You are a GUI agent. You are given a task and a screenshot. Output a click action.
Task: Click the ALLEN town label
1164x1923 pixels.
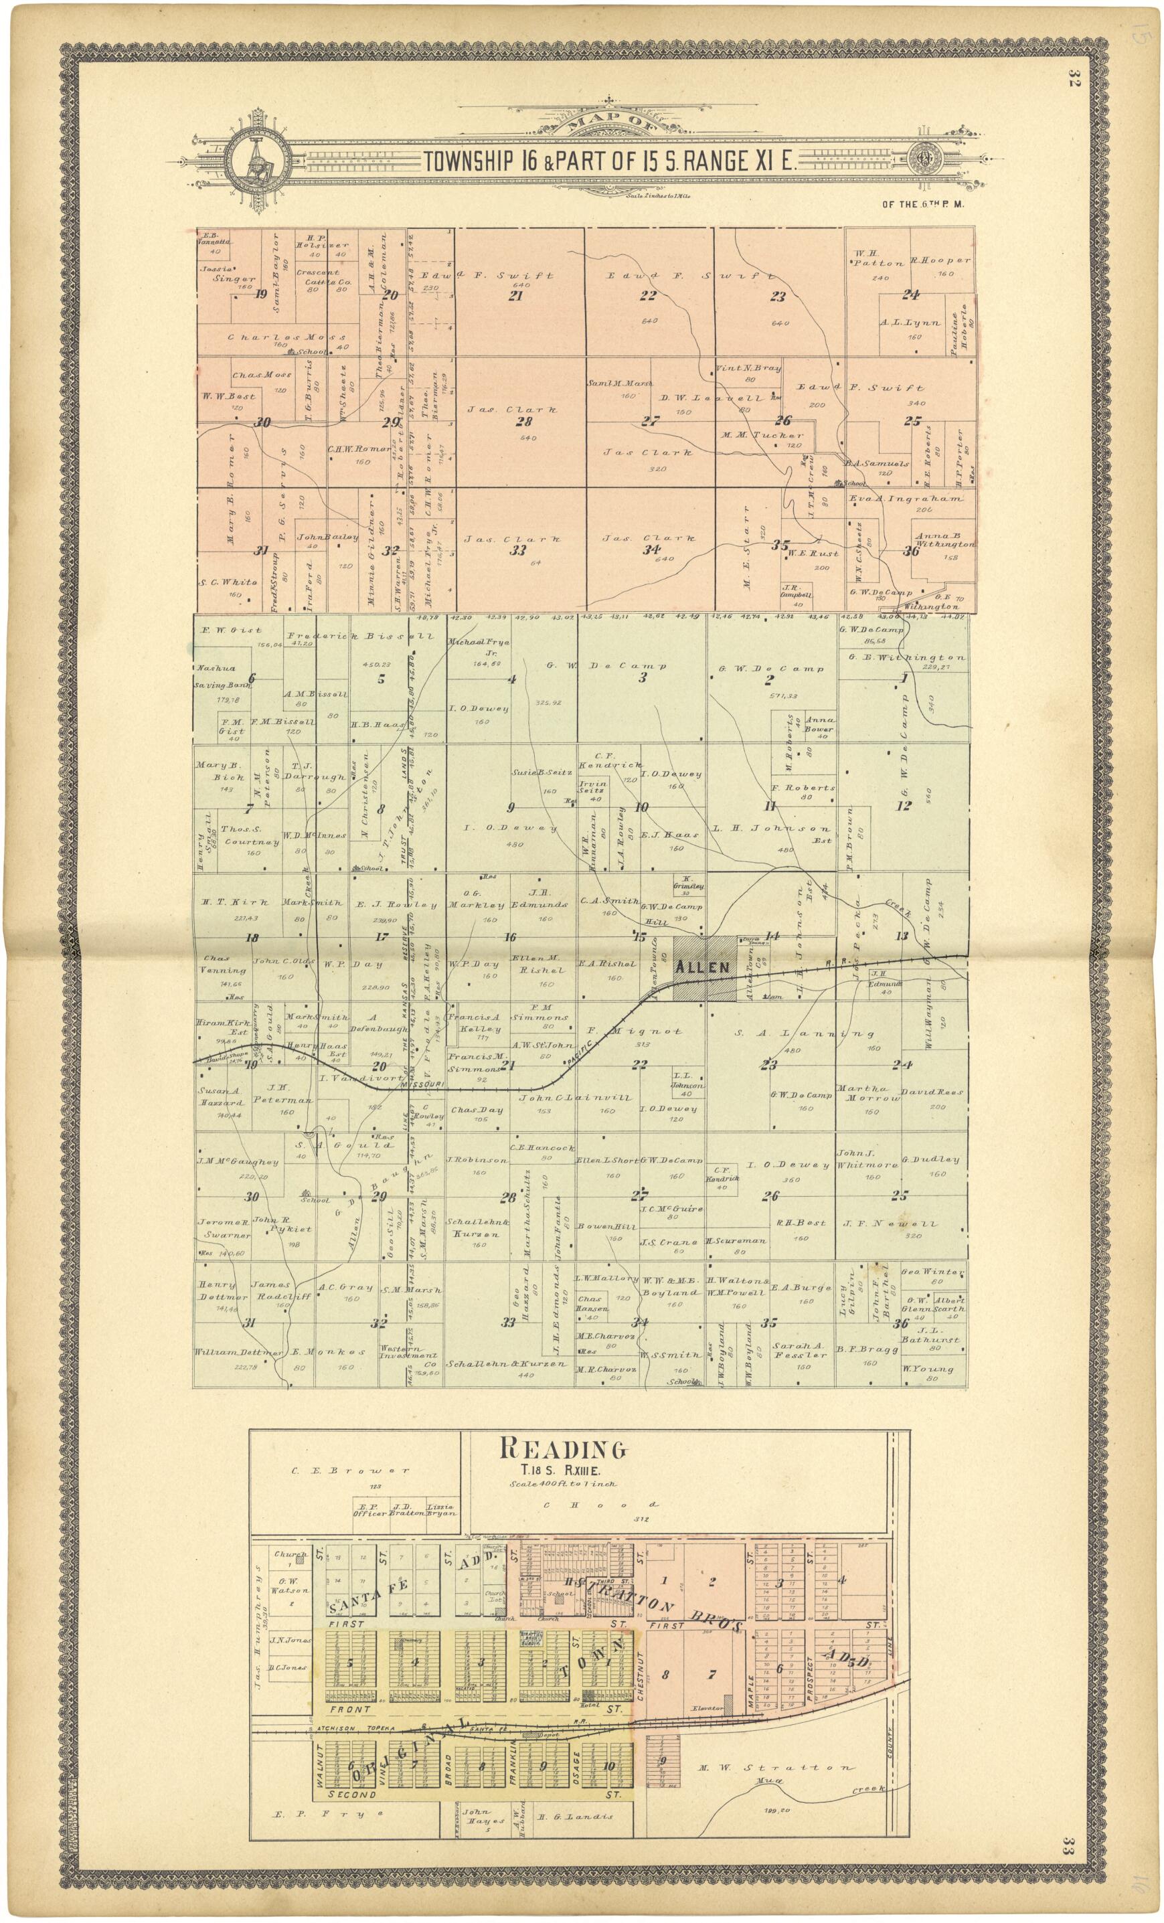tap(702, 967)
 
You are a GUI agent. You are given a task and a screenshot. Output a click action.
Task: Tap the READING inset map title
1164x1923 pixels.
tap(562, 1449)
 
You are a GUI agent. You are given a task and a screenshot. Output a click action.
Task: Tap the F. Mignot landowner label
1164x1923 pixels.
tap(634, 1031)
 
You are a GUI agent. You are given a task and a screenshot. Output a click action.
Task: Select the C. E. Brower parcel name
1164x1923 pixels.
tap(350, 1471)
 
